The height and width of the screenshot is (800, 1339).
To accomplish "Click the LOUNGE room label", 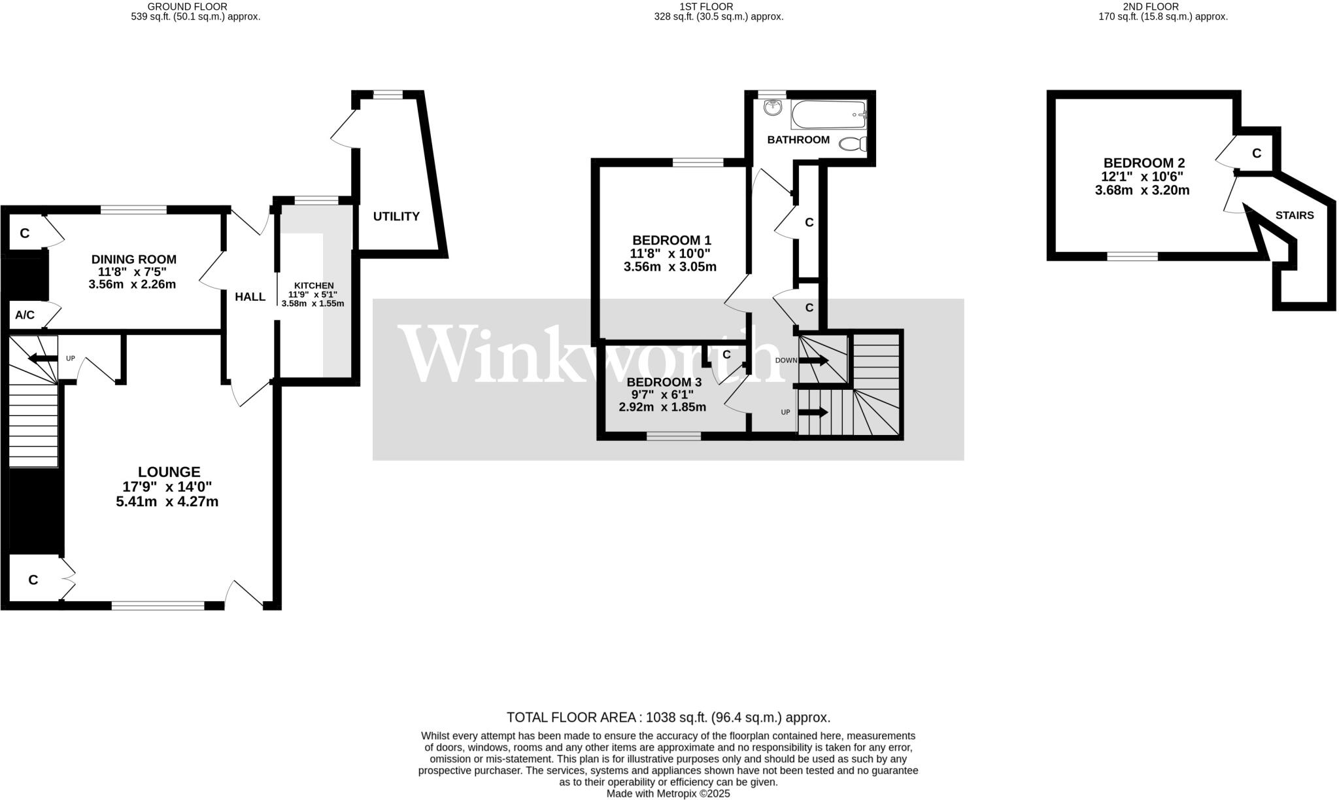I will pyautogui.click(x=169, y=472).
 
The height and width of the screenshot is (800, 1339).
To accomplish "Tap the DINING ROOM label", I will pyautogui.click(x=133, y=260).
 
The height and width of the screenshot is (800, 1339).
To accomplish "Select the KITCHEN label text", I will pyautogui.click(x=314, y=286).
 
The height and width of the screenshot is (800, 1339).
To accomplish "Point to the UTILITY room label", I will pyautogui.click(x=396, y=217).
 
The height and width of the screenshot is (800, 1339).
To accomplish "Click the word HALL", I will pyautogui.click(x=250, y=297).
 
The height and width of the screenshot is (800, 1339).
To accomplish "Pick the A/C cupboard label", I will pyautogui.click(x=25, y=315).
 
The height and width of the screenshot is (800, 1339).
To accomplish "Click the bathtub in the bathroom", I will pyautogui.click(x=828, y=114).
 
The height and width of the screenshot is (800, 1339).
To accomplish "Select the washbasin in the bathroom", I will pyautogui.click(x=773, y=107).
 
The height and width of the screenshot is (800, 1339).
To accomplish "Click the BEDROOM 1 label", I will pyautogui.click(x=671, y=240).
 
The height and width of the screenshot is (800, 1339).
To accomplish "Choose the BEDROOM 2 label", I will pyautogui.click(x=1144, y=163).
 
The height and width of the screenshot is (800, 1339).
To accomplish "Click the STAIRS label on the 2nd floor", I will pyautogui.click(x=1294, y=215).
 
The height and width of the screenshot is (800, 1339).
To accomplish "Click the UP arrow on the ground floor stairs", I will pyautogui.click(x=43, y=358).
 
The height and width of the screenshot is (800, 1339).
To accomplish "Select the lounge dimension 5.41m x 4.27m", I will pyautogui.click(x=167, y=502).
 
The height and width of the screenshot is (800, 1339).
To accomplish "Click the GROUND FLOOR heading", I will pyautogui.click(x=187, y=7).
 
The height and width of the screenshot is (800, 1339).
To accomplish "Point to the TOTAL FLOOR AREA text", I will pyautogui.click(x=668, y=718).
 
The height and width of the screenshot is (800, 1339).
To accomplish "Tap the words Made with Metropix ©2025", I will pyautogui.click(x=668, y=794).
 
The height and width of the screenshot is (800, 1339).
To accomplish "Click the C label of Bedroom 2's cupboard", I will pyautogui.click(x=1256, y=154).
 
